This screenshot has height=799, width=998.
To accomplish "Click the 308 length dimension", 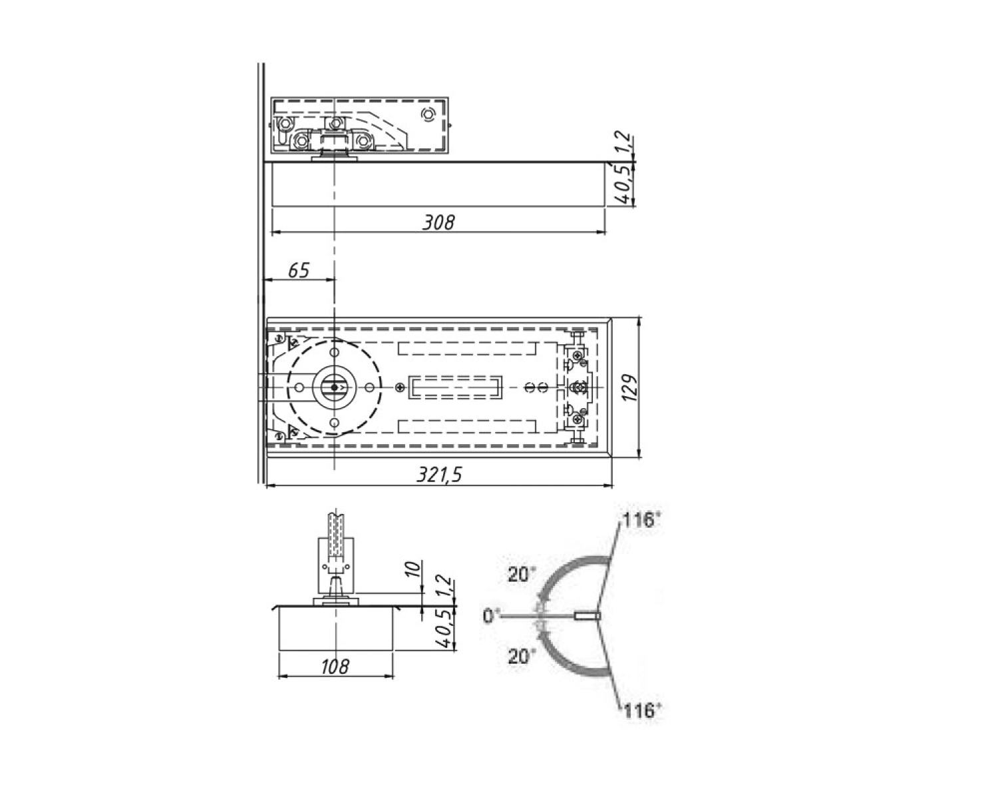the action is (438, 222).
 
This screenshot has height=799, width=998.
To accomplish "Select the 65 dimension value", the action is (299, 270).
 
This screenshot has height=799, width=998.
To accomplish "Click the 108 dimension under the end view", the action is (335, 667).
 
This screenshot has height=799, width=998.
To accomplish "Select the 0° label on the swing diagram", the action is (490, 616).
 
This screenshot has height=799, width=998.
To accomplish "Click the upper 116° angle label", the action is (640, 519).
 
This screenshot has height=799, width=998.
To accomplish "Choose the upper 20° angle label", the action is (521, 575).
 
